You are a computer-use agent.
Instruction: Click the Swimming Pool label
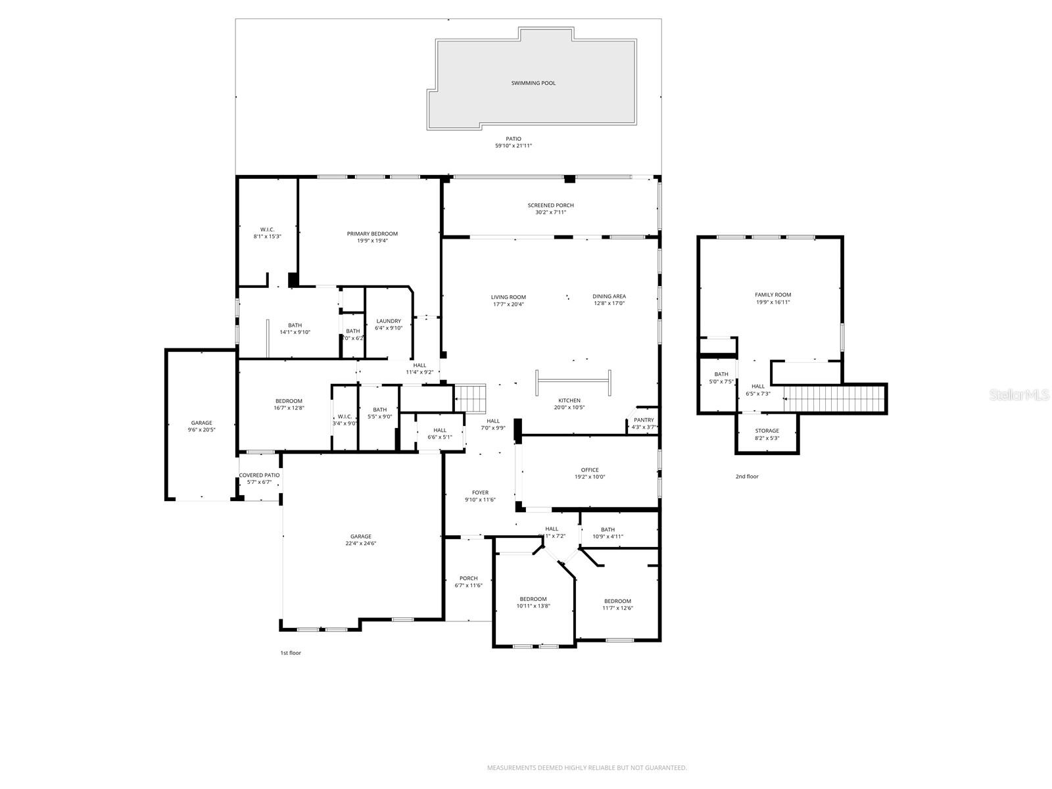tap(533, 84)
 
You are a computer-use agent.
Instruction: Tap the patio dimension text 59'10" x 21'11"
tap(514, 145)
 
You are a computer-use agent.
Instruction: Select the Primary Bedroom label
tap(372, 233)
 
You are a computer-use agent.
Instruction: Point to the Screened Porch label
tap(550, 205)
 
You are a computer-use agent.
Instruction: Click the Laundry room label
tap(388, 321)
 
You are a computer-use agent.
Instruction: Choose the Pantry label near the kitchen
tap(644, 419)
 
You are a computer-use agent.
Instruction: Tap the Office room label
tap(590, 469)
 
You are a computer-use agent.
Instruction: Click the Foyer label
tap(480, 492)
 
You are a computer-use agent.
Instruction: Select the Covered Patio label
tap(259, 475)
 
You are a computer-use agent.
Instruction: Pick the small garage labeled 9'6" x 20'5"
tap(201, 426)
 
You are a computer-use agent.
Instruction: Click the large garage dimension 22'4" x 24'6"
tap(360, 543)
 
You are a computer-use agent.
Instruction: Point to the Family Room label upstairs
tap(773, 295)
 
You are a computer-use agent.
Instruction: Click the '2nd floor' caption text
tap(747, 476)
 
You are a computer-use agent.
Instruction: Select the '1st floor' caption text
tap(291, 653)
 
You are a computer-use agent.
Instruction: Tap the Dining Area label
tap(609, 297)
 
